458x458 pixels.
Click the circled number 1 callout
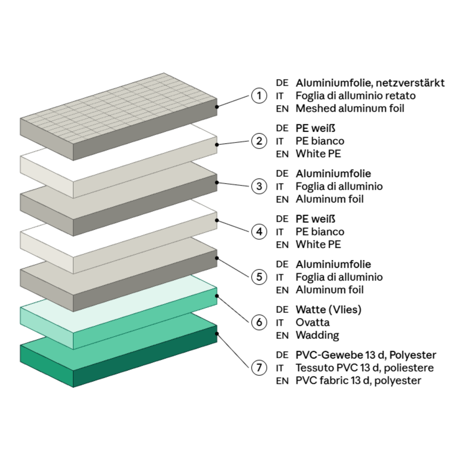click(x=259, y=96)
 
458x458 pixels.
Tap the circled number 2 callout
click(x=259, y=141)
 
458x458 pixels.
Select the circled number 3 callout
click(x=259, y=186)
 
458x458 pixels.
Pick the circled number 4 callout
click(x=259, y=232)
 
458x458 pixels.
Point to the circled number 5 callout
click(x=259, y=277)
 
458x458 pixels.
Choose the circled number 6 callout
click(x=259, y=323)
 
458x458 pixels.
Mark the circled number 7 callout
click(x=259, y=368)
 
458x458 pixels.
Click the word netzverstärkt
click(x=410, y=83)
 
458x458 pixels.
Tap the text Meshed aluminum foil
click(x=350, y=109)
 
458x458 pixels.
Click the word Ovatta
click(x=313, y=323)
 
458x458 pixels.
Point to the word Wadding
click(x=317, y=335)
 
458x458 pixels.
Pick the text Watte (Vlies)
click(x=329, y=310)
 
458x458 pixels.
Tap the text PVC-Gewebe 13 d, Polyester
click(x=366, y=355)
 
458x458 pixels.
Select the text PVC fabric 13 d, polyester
click(x=358, y=381)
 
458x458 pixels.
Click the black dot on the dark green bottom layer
click(x=217, y=334)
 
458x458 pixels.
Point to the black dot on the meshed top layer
click(x=217, y=107)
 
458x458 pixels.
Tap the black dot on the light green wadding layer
click(x=217, y=296)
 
